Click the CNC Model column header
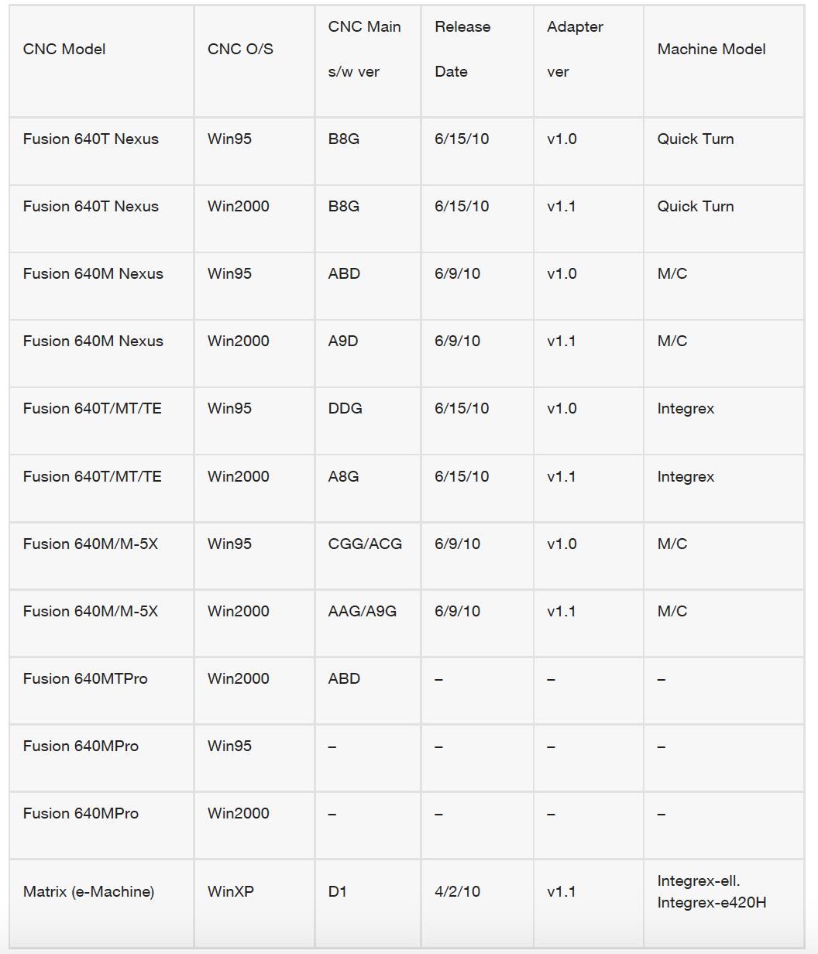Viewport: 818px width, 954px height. pos(64,50)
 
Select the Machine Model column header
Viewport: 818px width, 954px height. pos(711,50)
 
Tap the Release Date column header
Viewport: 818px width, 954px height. pos(462,49)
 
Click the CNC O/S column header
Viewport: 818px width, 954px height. pos(240,50)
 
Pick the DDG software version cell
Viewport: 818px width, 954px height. pos(345,408)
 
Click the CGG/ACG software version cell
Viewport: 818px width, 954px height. pos(365,544)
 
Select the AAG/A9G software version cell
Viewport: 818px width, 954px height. pos(363,611)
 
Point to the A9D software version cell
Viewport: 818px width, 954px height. pos(343,341)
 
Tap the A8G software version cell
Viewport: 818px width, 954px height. pos(343,476)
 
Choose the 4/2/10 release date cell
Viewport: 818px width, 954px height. pos(457,891)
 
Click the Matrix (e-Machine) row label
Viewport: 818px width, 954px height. pos(89,891)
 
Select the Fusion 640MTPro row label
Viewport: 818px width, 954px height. pos(85,678)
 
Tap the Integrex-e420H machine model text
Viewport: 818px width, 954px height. pos(712,902)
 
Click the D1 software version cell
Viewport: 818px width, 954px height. pos(338,891)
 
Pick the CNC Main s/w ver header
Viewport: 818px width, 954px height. pos(364,49)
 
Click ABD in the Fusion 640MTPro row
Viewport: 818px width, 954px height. pos(344,678)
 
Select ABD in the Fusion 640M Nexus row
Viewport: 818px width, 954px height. pos(344,273)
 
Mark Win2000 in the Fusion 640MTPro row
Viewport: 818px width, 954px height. pos(239,678)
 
